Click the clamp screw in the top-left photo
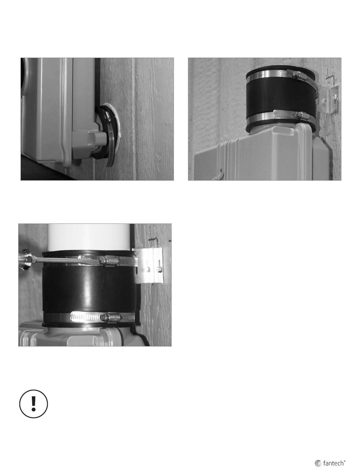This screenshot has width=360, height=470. click(x=106, y=115)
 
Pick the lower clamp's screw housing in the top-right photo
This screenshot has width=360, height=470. click(x=298, y=115)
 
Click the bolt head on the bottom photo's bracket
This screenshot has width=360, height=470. click(x=159, y=269)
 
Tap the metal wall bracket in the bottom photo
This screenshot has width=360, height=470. click(x=149, y=265)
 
